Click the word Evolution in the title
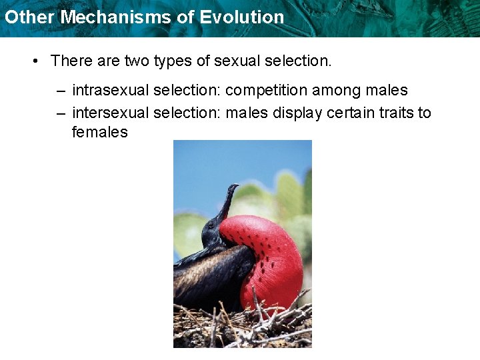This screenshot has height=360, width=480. [x=247, y=17]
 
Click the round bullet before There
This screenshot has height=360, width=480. [x=35, y=61]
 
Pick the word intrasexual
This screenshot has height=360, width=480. [x=109, y=91]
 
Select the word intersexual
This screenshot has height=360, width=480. [x=109, y=113]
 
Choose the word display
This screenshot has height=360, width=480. [x=297, y=113]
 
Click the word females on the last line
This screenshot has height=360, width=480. [x=99, y=132]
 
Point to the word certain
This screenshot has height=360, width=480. [x=351, y=113]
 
